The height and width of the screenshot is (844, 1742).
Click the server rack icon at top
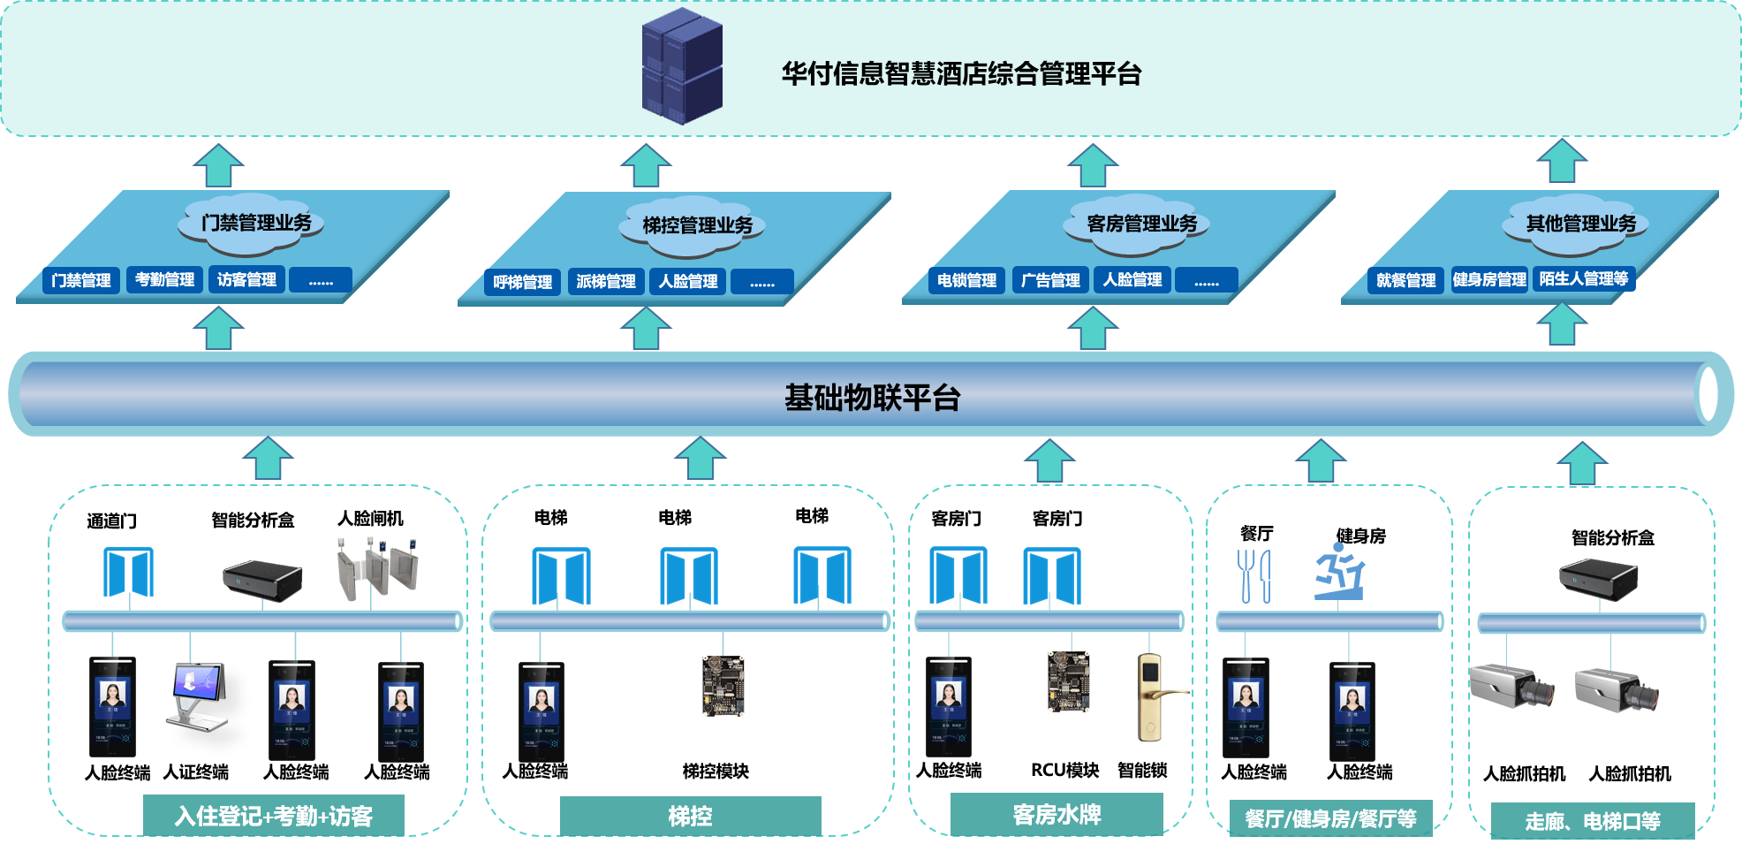(x=682, y=66)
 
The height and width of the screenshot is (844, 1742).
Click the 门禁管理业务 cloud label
(x=255, y=222)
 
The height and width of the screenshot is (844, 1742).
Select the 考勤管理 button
(x=164, y=279)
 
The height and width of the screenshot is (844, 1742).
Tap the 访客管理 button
(x=246, y=279)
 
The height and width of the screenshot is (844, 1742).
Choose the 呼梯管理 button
(x=522, y=282)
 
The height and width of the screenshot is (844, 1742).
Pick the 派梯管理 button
(x=605, y=281)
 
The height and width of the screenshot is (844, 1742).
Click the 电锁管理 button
(x=966, y=280)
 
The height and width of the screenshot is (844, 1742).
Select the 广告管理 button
(x=1049, y=280)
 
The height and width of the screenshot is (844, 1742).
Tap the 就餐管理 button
(x=1405, y=280)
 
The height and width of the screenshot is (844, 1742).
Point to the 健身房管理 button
(x=1489, y=279)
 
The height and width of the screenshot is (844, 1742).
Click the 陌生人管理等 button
(x=1583, y=278)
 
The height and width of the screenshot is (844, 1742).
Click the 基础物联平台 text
(x=872, y=398)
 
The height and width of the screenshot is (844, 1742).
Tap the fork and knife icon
(x=1253, y=575)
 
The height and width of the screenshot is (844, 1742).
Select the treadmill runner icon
(x=1340, y=572)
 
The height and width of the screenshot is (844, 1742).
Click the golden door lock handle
(x=1153, y=696)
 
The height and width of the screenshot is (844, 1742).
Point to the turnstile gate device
(x=377, y=569)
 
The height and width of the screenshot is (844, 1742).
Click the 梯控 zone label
(x=690, y=816)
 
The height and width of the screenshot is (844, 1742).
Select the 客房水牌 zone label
(x=1057, y=814)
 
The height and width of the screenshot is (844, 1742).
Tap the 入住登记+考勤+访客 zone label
(x=274, y=816)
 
